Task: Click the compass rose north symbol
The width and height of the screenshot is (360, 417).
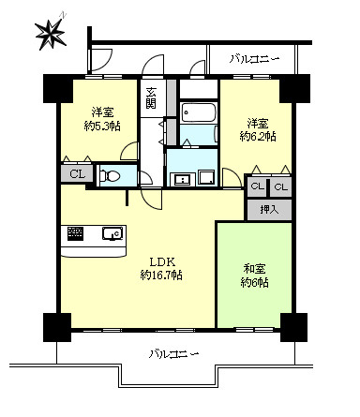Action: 51,33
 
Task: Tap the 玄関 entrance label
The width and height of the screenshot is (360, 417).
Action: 151,97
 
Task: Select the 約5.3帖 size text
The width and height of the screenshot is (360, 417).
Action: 102,126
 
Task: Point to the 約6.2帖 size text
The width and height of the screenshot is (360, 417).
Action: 258,136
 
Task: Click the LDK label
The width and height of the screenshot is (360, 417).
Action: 161,261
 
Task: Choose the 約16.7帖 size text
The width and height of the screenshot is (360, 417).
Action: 161,275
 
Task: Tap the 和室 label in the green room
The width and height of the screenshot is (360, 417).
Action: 254,268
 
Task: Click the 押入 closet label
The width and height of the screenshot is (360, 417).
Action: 269,210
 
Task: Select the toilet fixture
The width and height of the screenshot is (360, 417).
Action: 110,176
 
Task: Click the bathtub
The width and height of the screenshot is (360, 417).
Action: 199,112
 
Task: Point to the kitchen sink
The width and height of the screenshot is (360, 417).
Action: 112,233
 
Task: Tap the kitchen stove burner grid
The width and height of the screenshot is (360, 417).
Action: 76,233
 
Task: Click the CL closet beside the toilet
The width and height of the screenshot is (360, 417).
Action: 77,173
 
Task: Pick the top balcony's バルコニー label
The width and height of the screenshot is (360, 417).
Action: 254,59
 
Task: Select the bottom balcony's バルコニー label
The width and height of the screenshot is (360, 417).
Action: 173,354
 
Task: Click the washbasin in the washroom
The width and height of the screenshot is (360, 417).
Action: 182,179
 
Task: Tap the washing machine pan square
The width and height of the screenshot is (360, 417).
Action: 206,177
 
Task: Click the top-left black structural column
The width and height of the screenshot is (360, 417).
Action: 58,89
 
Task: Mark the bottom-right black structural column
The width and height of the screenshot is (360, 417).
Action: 293,327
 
